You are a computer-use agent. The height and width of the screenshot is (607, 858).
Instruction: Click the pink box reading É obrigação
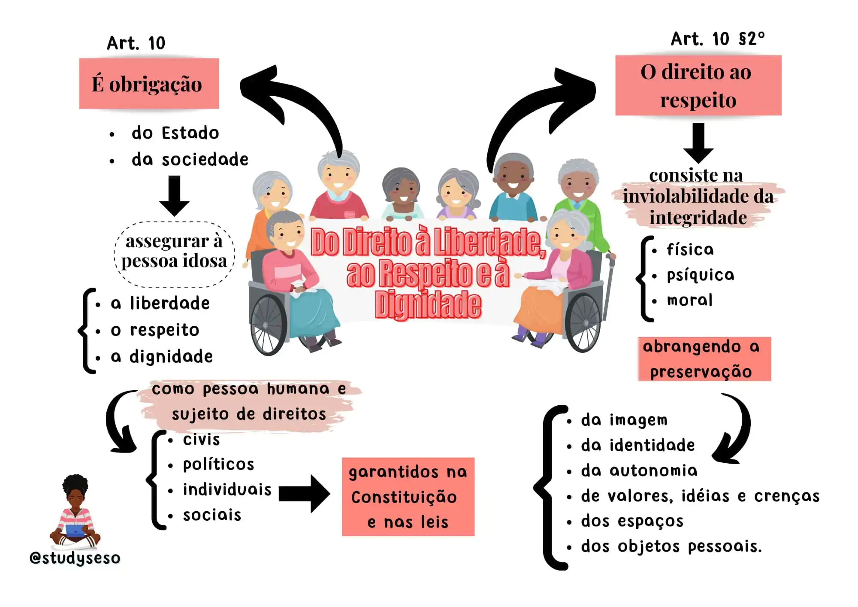point(149,83)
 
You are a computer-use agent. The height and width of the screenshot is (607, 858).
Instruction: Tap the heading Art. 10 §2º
point(717,39)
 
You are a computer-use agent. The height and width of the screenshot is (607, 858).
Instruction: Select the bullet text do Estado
point(175,133)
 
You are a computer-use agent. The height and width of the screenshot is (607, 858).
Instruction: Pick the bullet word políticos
point(218,464)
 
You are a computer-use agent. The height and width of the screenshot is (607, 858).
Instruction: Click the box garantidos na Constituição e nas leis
point(408,497)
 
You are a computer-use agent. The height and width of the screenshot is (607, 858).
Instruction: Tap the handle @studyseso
point(75,558)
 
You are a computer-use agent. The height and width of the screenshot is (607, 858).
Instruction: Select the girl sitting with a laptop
point(76,513)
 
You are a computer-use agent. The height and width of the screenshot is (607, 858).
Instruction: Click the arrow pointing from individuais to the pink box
point(304,494)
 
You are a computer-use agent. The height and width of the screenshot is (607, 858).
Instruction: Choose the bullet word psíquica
point(700,275)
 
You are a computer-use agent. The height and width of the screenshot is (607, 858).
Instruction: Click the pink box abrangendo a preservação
point(704,359)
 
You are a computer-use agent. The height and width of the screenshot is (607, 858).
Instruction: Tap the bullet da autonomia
point(639,471)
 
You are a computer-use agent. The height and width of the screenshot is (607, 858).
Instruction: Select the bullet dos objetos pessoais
point(671,546)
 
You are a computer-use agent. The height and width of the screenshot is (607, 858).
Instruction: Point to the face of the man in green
point(578,182)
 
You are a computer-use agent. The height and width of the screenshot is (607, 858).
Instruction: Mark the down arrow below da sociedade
point(174,195)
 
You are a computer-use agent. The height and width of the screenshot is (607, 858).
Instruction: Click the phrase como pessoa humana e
point(249,389)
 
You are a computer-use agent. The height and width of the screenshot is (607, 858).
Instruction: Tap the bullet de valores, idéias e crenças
point(700,496)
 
